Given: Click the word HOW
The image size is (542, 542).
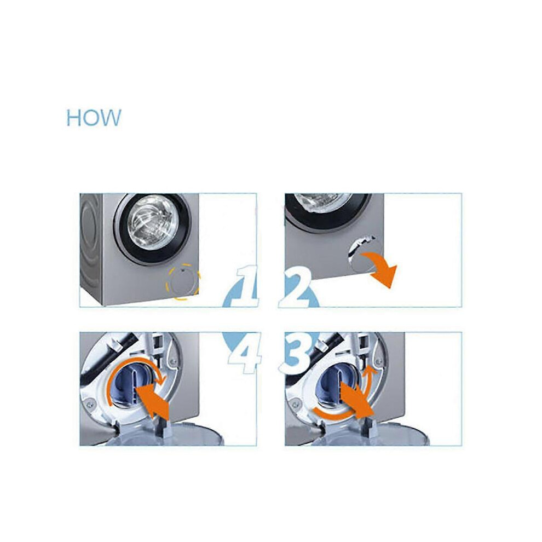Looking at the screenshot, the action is [x=94, y=118].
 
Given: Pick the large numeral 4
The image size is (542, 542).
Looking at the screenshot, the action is [x=243, y=353].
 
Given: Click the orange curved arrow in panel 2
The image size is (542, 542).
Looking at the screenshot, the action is [x=380, y=266].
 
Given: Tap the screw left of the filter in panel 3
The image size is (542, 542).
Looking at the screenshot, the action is [x=295, y=403].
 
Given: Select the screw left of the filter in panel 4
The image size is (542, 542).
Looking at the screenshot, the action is [x=90, y=403].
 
